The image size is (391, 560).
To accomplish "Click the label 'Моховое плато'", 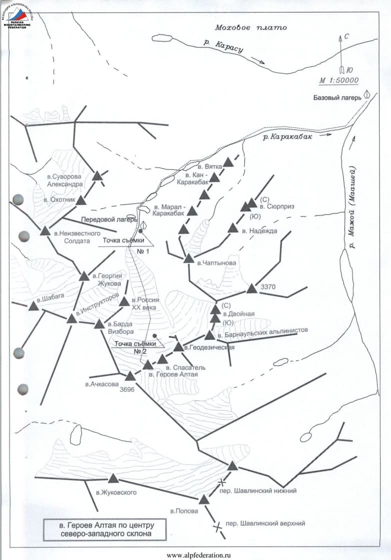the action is tap(250, 27).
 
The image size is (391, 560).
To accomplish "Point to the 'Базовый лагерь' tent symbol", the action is tap(367, 94).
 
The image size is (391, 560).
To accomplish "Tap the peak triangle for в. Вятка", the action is tap(228, 162).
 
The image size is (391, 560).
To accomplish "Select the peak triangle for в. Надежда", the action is tap(233, 228).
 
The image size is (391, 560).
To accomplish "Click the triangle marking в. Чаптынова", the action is tap(188, 258).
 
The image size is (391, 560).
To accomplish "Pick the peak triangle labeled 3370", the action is tap(251, 289).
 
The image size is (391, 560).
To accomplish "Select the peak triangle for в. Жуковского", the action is tap(113, 479).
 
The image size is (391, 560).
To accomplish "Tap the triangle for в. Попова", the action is tap(203, 499).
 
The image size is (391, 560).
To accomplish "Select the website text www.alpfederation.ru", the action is tap(198, 554).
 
